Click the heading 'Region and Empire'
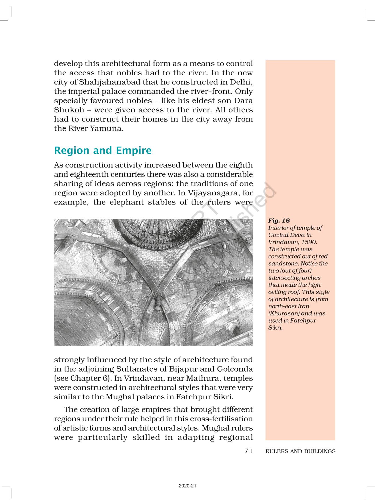pos(103,150)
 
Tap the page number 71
pos(248,451)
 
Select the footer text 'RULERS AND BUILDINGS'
pos(300,451)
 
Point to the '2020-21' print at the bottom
pos(187,486)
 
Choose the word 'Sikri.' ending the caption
pos(275,328)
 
